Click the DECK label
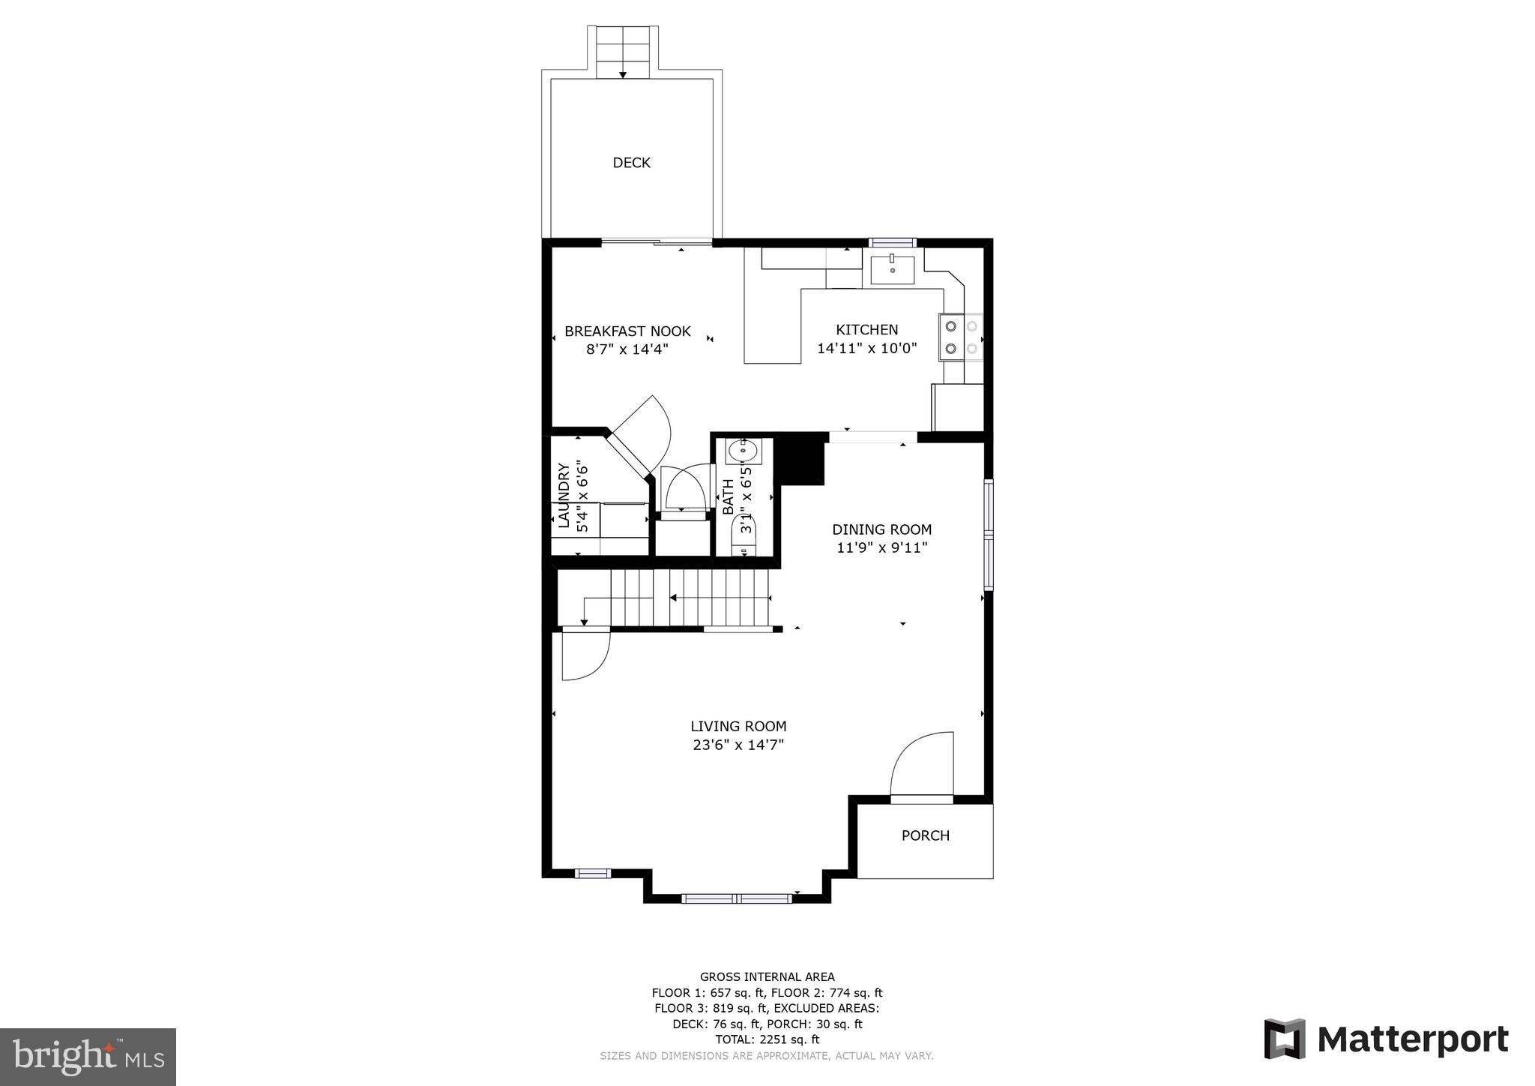pyautogui.click(x=631, y=163)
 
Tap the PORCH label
pyautogui.click(x=925, y=835)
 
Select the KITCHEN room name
pyautogui.click(x=866, y=330)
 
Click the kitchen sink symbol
pyautogui.click(x=892, y=270)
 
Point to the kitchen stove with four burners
pyautogui.click(x=961, y=337)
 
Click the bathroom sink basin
pyautogui.click(x=744, y=451)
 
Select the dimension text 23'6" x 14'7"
pyautogui.click(x=738, y=745)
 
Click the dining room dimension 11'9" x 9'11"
pyautogui.click(x=881, y=548)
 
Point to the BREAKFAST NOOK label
pyautogui.click(x=627, y=331)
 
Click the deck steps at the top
pyautogui.click(x=622, y=52)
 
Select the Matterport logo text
pyautogui.click(x=1412, y=1040)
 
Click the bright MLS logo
pyautogui.click(x=88, y=1057)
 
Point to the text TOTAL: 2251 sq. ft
pyautogui.click(x=767, y=1039)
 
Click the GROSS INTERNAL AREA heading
pyautogui.click(x=767, y=976)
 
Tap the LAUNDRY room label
pyautogui.click(x=564, y=495)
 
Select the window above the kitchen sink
pyautogui.click(x=892, y=242)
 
